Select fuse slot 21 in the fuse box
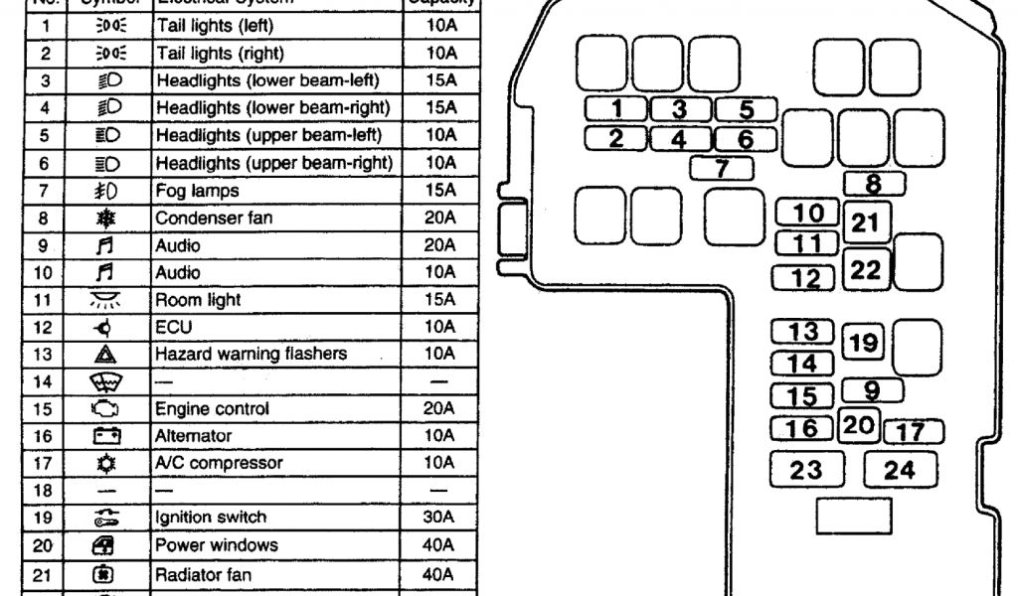(866, 223)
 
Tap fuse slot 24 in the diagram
(899, 470)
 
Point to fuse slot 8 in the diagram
(874, 183)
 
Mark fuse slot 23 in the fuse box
(806, 470)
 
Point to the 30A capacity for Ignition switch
(437, 518)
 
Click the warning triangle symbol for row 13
(107, 354)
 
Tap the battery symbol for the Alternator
(107, 436)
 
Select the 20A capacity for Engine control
(437, 408)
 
